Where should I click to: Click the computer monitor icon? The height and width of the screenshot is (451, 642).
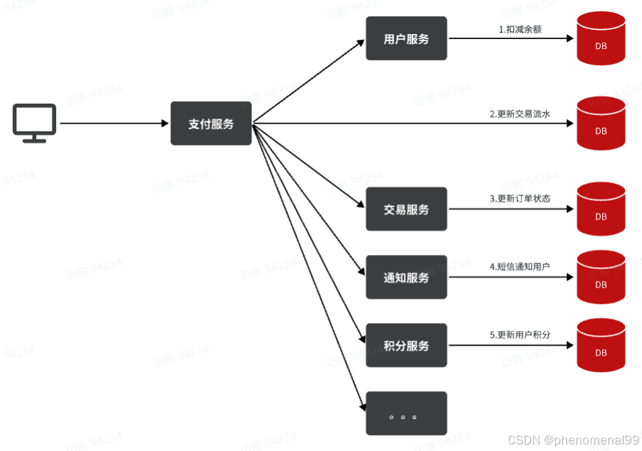(x=34, y=123)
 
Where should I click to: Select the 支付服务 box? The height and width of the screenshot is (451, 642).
(x=211, y=124)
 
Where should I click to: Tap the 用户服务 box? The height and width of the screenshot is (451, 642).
(x=406, y=39)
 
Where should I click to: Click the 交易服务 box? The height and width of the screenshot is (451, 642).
(x=406, y=210)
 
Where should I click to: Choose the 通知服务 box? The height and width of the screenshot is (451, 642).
(x=406, y=278)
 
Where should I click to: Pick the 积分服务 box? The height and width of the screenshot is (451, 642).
(x=406, y=346)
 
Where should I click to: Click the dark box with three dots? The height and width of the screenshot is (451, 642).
(x=406, y=413)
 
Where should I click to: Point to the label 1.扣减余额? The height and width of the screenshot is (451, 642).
(x=521, y=30)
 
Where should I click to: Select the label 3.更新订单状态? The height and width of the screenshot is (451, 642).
(x=520, y=199)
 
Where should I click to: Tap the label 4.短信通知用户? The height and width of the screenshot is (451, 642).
(x=520, y=266)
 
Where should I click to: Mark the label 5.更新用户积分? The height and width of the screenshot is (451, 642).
(x=520, y=335)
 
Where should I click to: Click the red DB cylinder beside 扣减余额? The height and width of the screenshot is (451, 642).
(x=601, y=39)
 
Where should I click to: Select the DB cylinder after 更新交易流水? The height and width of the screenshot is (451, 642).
(x=601, y=124)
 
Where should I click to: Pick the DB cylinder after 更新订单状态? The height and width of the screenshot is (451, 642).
(x=601, y=210)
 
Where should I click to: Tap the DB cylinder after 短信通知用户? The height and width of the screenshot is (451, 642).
(x=601, y=278)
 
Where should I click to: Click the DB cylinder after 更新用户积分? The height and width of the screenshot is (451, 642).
(x=601, y=346)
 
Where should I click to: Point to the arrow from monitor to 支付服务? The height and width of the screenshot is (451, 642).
(x=114, y=124)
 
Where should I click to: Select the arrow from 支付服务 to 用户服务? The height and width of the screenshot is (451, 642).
(x=309, y=81)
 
